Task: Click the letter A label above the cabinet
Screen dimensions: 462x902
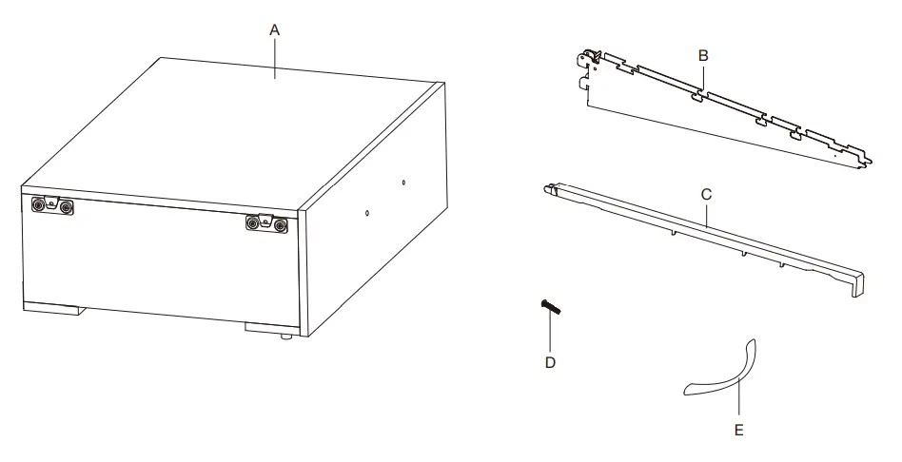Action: pos(274,29)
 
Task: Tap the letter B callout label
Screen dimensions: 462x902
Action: pos(702,55)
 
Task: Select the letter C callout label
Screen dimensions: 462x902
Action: pos(706,194)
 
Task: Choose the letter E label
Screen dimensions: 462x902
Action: pos(738,430)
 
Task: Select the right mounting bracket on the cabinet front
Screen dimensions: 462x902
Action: pos(266,222)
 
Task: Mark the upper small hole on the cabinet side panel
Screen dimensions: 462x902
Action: pos(403,182)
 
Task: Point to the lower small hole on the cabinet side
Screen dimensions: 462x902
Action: pos(368,214)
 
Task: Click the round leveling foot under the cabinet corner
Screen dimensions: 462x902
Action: pos(284,337)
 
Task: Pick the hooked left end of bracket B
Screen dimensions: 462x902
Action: pos(590,62)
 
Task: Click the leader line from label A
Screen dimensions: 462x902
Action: pos(275,57)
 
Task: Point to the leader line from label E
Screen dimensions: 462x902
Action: pos(738,399)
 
